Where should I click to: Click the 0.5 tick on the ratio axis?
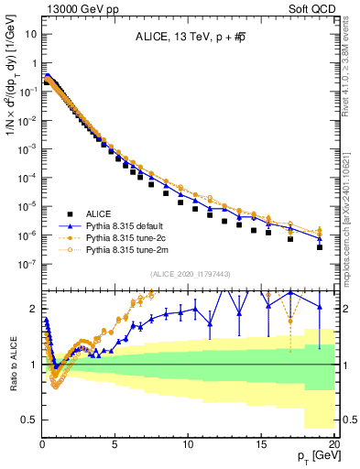point(29,420)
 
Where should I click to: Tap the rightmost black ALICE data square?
point(320,247)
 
